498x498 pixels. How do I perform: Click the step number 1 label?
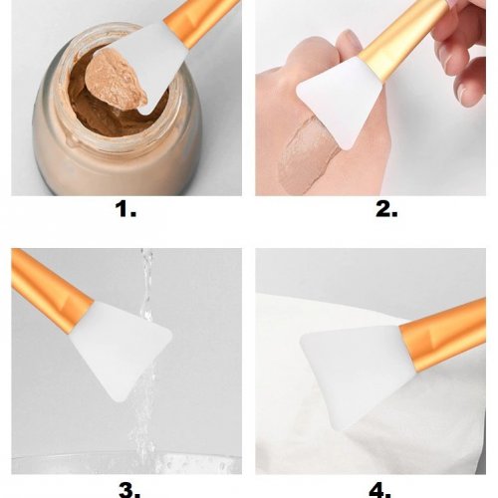pyautogui.click(x=125, y=209)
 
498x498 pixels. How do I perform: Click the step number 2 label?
pyautogui.click(x=386, y=209)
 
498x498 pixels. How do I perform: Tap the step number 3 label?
pyautogui.click(x=129, y=491)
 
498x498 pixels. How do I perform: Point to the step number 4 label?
pyautogui.click(x=379, y=491)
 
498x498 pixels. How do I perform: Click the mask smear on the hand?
pyautogui.click(x=306, y=152)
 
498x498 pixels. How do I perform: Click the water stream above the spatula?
pyautogui.click(x=146, y=282)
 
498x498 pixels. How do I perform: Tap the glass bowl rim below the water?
pyautogui.click(x=126, y=460)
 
